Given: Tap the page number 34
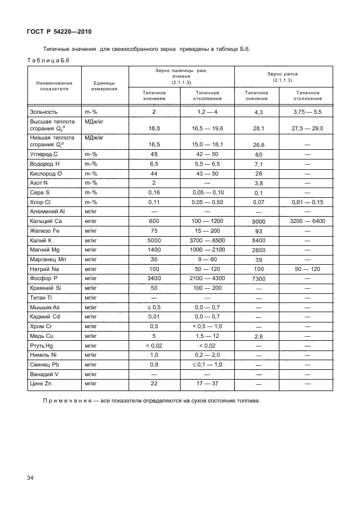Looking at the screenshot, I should point(30,477).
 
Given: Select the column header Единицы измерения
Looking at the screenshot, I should point(105,86).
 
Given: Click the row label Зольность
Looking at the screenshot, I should point(45,112).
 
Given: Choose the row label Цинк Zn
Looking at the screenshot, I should point(41,383).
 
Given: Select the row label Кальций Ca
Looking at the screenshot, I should point(46,221).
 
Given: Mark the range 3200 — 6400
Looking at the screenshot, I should point(307,221).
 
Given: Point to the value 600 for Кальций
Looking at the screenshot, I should point(154,221).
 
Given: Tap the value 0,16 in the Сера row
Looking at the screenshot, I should point(154,193).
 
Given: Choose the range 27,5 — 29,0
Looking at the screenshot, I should point(307,129).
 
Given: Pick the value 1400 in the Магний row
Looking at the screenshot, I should point(154,250).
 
